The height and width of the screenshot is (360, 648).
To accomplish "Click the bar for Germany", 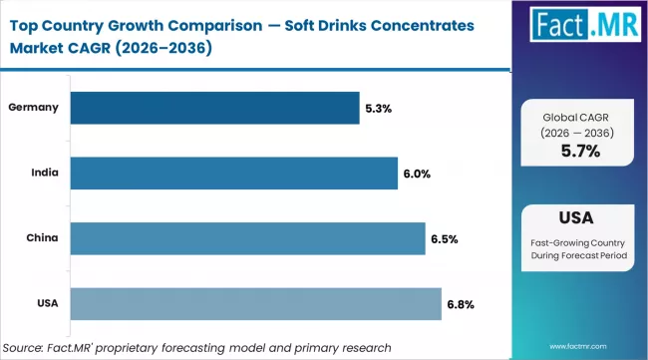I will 216,108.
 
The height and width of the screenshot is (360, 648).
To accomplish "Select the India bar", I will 235,174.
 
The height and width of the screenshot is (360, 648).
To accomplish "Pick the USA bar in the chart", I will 257,304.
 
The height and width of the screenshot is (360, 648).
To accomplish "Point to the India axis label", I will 46,174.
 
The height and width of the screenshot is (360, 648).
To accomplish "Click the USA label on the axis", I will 47,304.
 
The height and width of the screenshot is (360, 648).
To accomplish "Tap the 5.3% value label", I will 379,108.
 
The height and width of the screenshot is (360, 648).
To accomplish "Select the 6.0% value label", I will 417,174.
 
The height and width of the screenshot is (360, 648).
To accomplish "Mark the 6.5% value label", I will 443,239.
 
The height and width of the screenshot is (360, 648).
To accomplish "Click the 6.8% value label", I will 459,304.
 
